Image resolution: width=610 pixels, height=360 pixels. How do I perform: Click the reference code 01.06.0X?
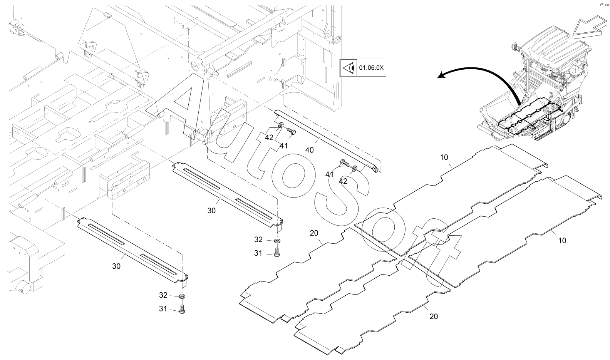[371, 67]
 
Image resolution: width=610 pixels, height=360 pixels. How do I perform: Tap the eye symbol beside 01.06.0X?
[348, 67]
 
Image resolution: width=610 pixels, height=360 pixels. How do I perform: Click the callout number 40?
[309, 150]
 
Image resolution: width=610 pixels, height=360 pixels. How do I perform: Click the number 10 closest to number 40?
[444, 157]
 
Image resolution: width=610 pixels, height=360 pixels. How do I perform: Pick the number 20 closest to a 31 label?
[314, 233]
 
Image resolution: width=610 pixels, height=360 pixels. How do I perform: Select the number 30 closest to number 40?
[211, 211]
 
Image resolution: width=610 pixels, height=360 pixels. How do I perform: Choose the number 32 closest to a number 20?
[258, 239]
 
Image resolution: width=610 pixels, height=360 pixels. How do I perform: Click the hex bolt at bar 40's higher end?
[292, 132]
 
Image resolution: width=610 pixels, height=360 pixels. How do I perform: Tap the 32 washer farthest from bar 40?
[182, 296]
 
